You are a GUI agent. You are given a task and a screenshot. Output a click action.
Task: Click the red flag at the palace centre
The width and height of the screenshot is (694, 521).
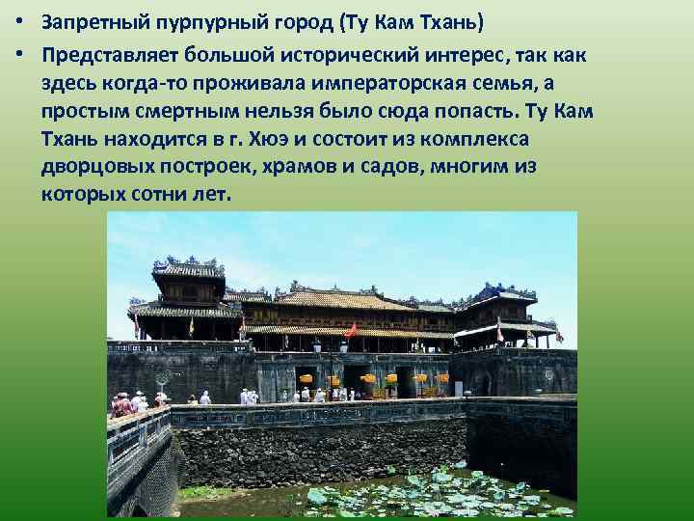tap(351, 331)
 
